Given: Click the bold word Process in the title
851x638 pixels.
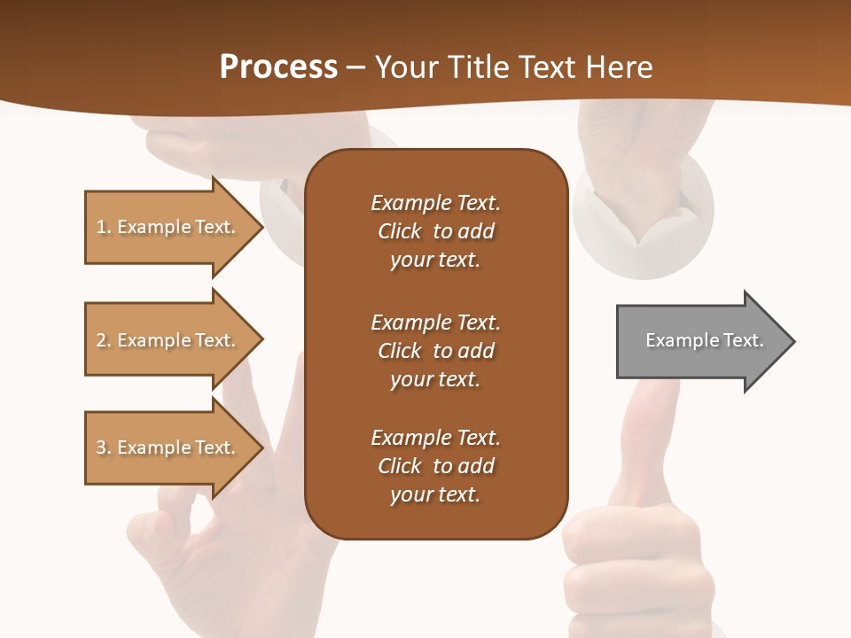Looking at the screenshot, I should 278,67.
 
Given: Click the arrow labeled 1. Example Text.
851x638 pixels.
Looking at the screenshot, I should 168,227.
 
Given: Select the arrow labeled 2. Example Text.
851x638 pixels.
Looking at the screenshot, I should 168,340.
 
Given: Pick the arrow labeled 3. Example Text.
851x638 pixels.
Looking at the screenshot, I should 168,447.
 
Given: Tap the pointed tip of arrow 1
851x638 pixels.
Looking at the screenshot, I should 261,227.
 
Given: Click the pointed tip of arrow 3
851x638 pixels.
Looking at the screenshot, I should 261,447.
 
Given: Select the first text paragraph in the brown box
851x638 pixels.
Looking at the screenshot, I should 435,231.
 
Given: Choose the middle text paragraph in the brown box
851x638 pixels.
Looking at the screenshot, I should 435,351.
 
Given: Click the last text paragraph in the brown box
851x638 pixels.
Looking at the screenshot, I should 435,466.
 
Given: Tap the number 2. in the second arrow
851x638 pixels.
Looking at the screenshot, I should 104,340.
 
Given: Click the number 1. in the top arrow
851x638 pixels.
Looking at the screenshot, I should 104,227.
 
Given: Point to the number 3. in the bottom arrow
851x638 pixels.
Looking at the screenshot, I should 104,447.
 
